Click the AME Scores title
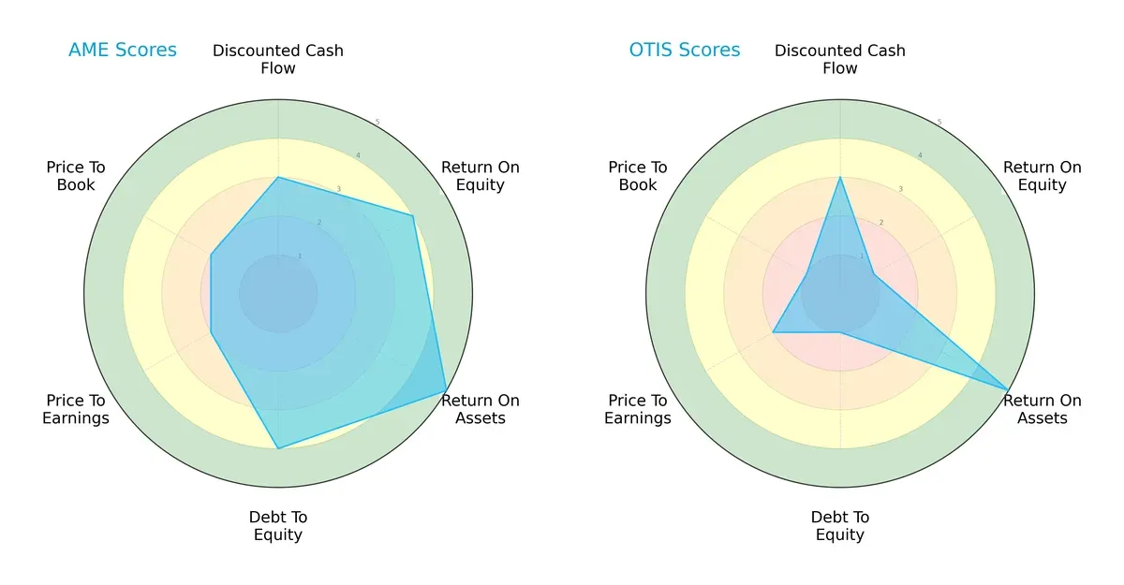(x=122, y=51)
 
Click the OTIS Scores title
(x=684, y=51)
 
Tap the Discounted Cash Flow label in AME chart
(x=278, y=59)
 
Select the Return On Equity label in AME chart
(x=480, y=176)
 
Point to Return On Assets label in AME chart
(x=480, y=409)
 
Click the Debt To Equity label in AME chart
(x=278, y=526)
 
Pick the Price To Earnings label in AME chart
(x=76, y=409)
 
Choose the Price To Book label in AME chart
(x=76, y=176)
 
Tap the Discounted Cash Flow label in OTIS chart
(x=840, y=59)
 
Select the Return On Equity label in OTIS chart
(x=1042, y=176)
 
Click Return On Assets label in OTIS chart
(x=1042, y=409)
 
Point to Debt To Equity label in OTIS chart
(x=840, y=526)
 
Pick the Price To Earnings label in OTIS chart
(x=638, y=409)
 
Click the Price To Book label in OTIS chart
(x=638, y=176)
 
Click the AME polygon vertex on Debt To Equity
(x=278, y=449)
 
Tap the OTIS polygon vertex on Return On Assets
(x=1008, y=389)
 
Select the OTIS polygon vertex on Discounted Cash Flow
(x=840, y=177)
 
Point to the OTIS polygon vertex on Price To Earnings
(x=773, y=332)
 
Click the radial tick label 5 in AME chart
(x=377, y=123)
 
